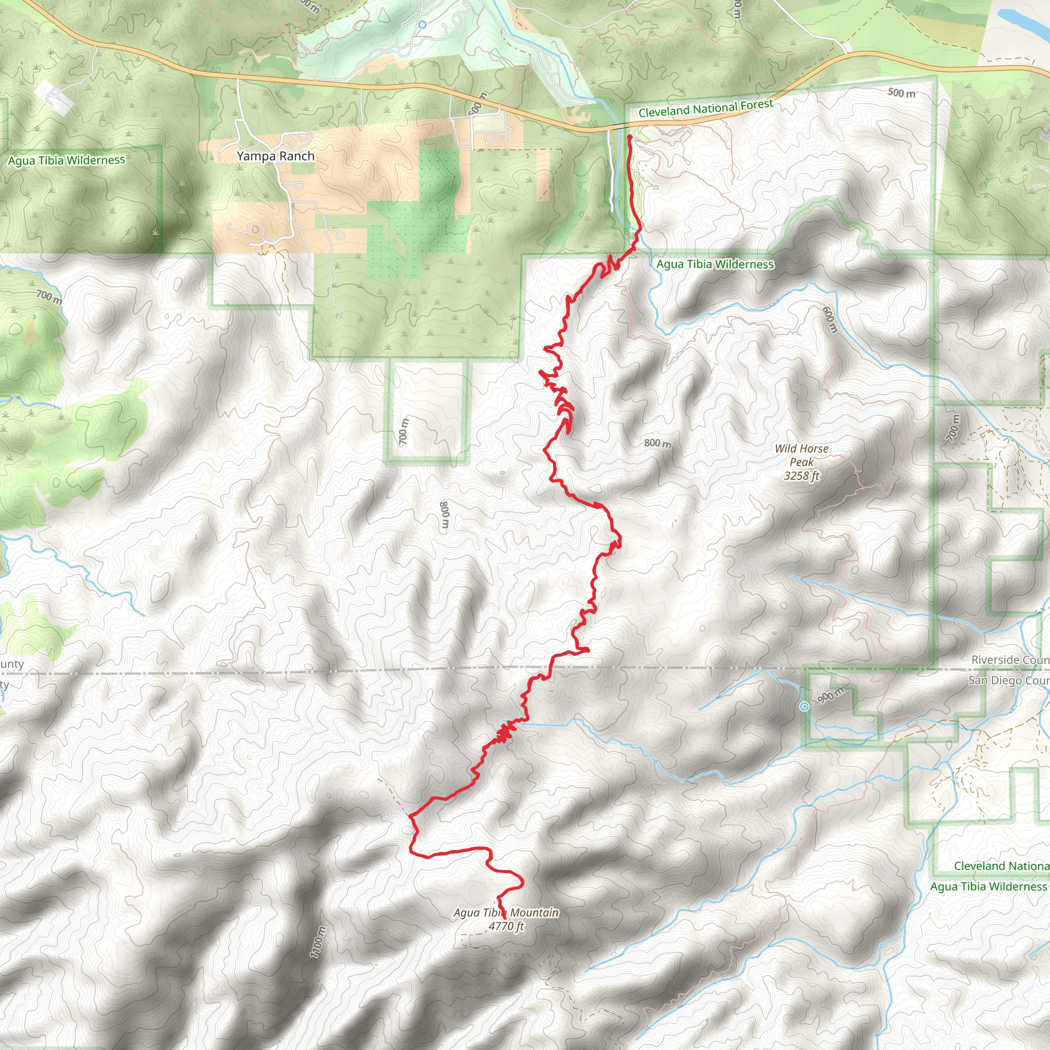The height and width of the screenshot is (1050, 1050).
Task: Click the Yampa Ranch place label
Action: (275, 156)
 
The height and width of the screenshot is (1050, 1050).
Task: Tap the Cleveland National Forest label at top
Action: (705, 108)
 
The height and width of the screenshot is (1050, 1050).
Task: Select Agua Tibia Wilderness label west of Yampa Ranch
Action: (66, 160)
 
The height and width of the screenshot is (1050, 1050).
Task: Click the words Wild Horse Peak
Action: (802, 455)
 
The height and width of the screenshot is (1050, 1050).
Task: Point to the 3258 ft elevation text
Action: (801, 476)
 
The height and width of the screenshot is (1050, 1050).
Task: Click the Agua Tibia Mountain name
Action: (506, 913)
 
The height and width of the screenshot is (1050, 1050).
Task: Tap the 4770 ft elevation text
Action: (506, 926)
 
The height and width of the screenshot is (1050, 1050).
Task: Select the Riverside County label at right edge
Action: (1010, 660)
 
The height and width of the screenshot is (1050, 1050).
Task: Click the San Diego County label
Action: (1008, 680)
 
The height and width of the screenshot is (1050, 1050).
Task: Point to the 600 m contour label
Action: (830, 319)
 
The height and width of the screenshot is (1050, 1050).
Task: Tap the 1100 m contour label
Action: (318, 942)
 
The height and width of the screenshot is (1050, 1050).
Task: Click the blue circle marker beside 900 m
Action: (804, 706)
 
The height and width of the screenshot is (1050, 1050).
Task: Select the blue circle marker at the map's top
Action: (422, 25)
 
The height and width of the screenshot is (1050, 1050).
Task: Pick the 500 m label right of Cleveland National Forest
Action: (901, 93)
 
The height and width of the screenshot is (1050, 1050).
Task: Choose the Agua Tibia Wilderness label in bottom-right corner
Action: (988, 886)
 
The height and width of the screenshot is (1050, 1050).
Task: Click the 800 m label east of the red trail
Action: (658, 443)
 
